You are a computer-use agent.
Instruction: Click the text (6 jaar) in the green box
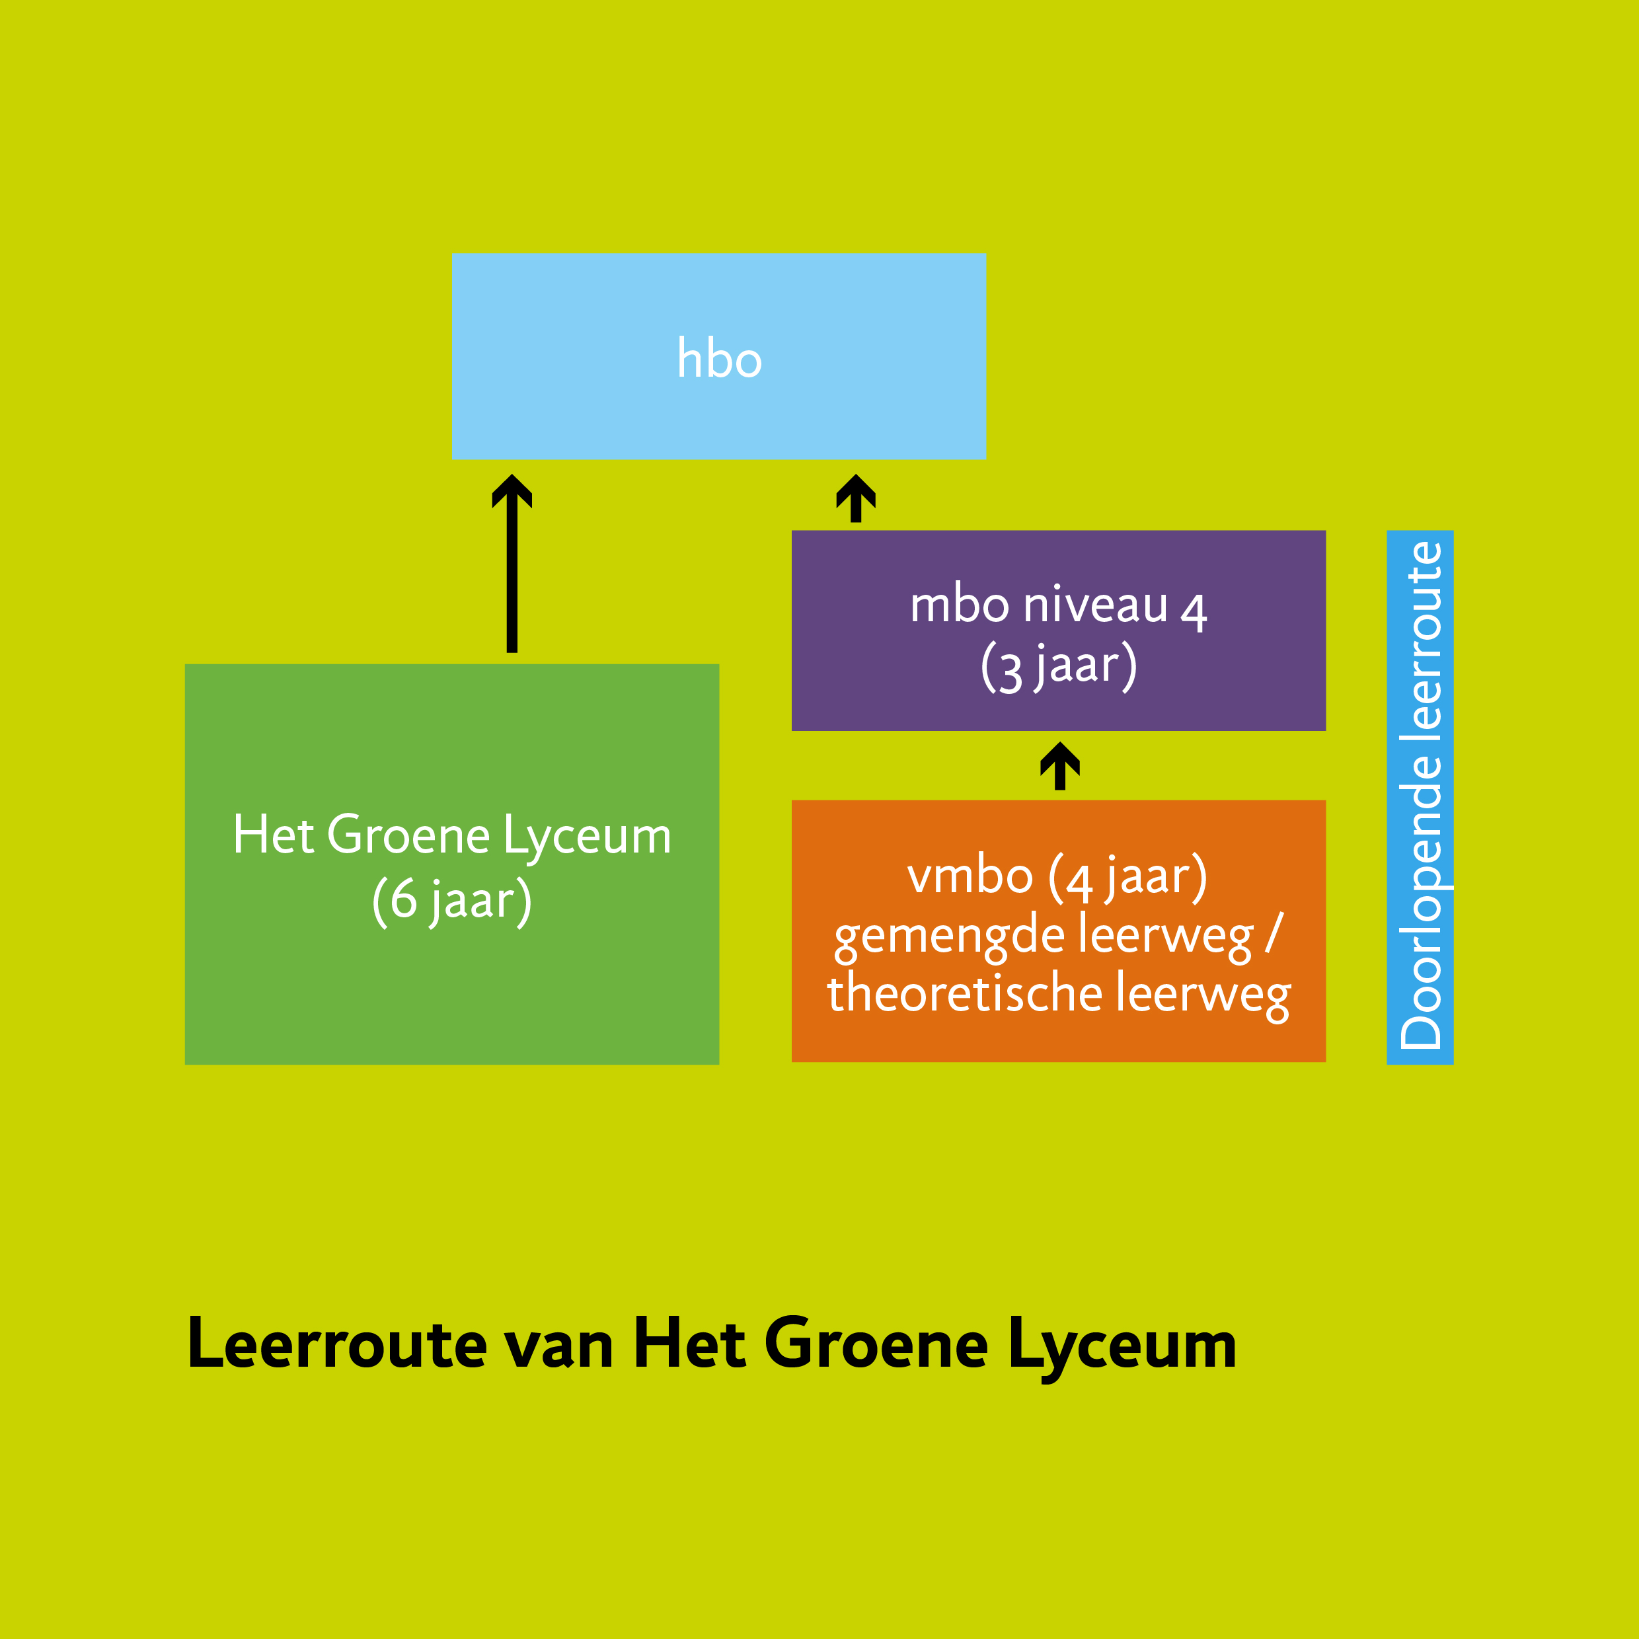pos(451,900)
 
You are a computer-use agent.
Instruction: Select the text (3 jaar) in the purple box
pos(1059,666)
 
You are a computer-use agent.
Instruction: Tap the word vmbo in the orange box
pos(970,876)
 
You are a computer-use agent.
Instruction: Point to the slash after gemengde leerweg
pos(1274,934)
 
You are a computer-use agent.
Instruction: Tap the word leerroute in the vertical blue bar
pos(1421,636)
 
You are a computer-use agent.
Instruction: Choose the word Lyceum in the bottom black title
pos(1122,1346)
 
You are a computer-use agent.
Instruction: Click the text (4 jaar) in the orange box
pos(1127,877)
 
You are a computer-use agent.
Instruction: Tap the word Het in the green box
pos(273,835)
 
